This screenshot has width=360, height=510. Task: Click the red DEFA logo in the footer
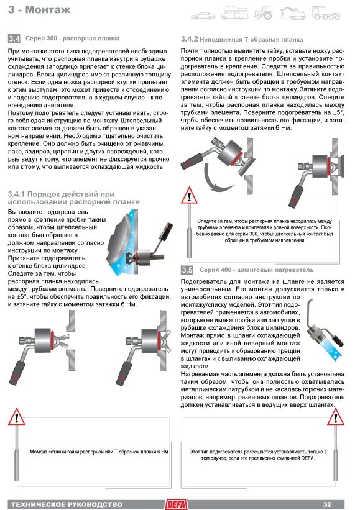[x=177, y=504]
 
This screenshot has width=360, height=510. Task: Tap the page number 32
[x=328, y=504]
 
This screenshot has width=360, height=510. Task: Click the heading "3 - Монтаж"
[x=39, y=10]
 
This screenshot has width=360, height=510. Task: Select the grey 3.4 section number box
[x=14, y=39]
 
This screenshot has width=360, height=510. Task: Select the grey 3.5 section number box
[x=187, y=270]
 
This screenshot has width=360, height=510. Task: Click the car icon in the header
[x=203, y=16]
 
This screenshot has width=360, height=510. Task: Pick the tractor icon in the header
[x=263, y=13]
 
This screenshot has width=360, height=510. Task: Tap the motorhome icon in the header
[x=234, y=13]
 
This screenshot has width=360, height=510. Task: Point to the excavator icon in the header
[x=293, y=13]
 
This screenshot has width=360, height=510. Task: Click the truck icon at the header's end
[x=326, y=13]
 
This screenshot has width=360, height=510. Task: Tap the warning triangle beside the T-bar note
[x=189, y=196]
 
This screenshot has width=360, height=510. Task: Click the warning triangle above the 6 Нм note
[x=16, y=417]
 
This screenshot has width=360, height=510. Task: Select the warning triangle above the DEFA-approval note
[x=336, y=417]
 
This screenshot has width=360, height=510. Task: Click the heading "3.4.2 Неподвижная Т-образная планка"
[x=242, y=39]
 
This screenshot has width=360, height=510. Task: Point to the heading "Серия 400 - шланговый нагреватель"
[x=257, y=270]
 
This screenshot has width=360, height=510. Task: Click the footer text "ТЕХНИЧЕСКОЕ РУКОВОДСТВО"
[x=67, y=504]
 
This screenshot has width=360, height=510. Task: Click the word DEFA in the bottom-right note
[x=308, y=458]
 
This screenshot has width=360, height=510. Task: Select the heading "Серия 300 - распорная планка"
[x=72, y=39]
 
